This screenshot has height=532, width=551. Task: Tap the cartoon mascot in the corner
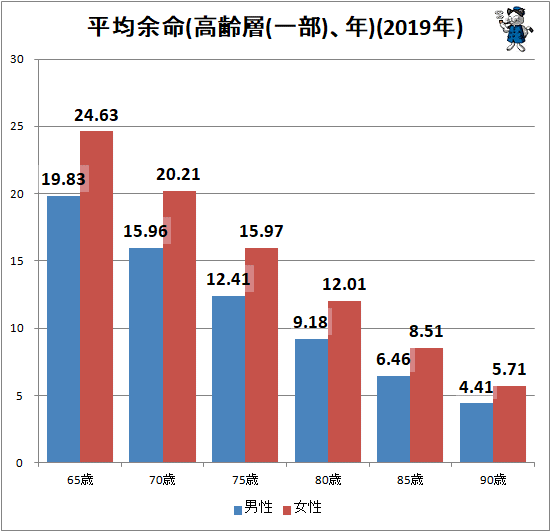tap(515, 29)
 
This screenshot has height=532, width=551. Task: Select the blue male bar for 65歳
tap(64, 329)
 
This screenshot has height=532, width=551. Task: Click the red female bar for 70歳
tap(179, 326)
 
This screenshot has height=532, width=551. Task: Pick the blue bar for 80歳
tap(311, 401)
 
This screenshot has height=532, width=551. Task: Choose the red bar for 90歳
tap(509, 424)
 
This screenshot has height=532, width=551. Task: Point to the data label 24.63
tap(96, 115)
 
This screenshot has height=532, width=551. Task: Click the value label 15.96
tap(145, 231)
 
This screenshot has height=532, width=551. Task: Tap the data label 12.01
tap(344, 284)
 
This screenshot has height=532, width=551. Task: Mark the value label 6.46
tap(393, 359)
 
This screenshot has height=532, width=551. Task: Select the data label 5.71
tap(509, 369)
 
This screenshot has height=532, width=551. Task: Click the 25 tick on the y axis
tap(17, 126)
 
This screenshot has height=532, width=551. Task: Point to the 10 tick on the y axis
tap(17, 328)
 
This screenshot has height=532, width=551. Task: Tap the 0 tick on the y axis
tap(19, 463)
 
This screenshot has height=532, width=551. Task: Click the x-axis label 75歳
tap(245, 480)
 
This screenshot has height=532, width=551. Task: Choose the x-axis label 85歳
tap(410, 480)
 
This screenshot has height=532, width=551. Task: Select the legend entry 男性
tap(253, 508)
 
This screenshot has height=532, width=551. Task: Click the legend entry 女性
tap(303, 508)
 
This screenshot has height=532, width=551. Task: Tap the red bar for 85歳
tap(426, 405)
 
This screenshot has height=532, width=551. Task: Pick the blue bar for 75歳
tap(228, 379)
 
